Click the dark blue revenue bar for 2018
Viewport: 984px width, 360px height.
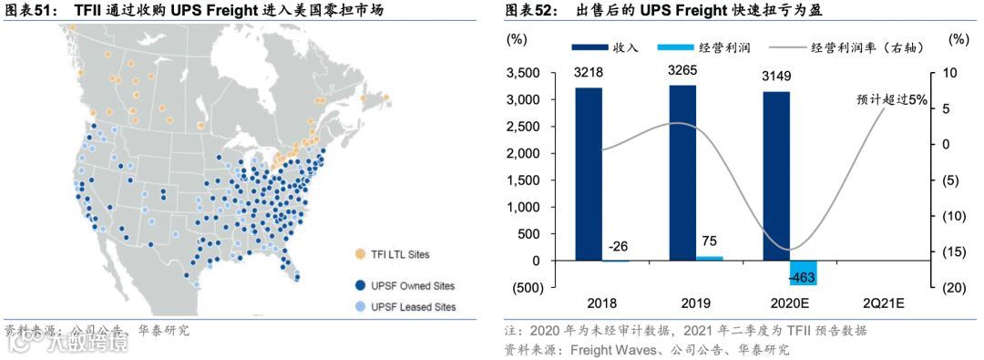tap(589, 174)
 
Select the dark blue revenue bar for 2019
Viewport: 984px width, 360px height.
tap(683, 173)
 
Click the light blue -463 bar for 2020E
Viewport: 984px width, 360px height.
tap(803, 273)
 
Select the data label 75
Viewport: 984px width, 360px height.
tap(708, 242)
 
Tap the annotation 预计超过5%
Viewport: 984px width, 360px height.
tap(892, 100)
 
